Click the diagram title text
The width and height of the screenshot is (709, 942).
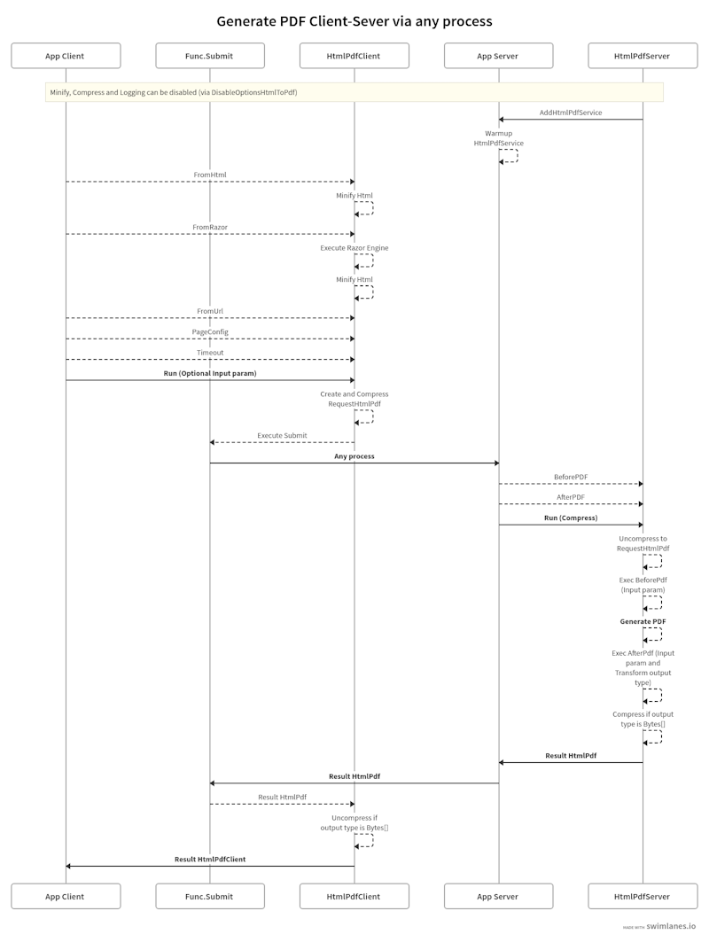tap(354, 20)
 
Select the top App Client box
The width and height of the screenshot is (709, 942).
tap(65, 56)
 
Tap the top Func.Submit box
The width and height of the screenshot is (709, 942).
tap(210, 56)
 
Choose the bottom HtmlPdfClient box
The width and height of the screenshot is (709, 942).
tap(354, 896)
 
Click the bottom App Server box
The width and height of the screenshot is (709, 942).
tap(498, 896)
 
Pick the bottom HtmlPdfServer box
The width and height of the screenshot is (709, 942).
tap(643, 896)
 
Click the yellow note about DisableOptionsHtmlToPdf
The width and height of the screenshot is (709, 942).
tap(354, 92)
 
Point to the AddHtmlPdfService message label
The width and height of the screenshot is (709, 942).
tap(571, 113)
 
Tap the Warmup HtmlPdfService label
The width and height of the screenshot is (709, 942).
tap(498, 138)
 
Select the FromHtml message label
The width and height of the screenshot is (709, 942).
tap(210, 175)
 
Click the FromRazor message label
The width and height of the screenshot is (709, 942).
tap(210, 227)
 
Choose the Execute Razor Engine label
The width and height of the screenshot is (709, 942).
tap(354, 248)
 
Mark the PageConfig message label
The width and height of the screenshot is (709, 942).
tap(210, 331)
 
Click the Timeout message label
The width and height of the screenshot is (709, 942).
tap(210, 352)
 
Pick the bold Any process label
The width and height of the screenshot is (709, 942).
tap(354, 456)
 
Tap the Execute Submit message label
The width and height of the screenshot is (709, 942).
tap(282, 435)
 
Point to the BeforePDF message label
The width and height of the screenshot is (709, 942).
tap(571, 477)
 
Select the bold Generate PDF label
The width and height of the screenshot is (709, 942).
tap(643, 621)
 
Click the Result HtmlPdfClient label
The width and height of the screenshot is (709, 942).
tap(210, 859)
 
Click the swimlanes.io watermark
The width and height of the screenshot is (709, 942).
tap(671, 924)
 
